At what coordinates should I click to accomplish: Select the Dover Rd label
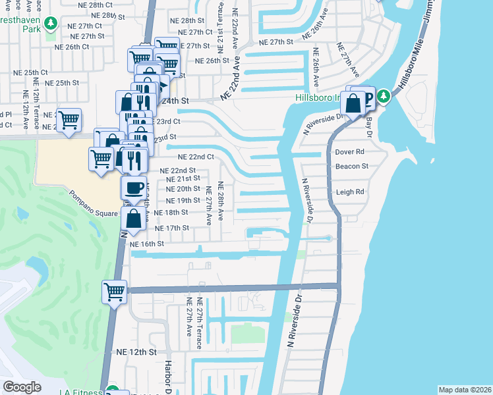coord(350,151)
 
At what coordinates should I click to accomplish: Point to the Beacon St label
coord(351,167)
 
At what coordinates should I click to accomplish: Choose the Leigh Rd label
coord(350,192)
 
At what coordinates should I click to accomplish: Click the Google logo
coord(22,386)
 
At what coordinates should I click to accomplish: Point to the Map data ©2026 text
coord(464,390)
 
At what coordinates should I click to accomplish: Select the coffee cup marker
coord(134,188)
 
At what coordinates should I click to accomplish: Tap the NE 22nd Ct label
coord(196,157)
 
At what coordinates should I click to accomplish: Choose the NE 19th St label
coord(183,200)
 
